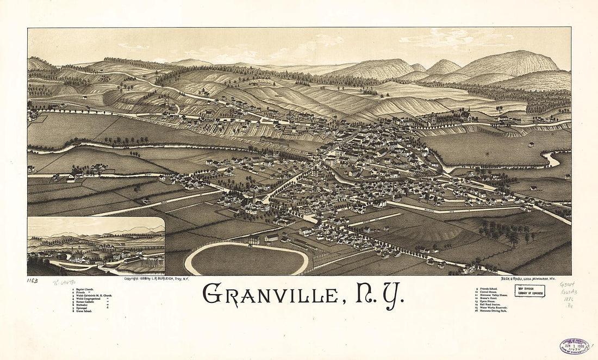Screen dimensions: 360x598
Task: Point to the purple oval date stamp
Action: point(574,346)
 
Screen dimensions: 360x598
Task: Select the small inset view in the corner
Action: point(96,246)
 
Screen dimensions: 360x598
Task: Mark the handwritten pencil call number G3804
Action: point(567,284)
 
